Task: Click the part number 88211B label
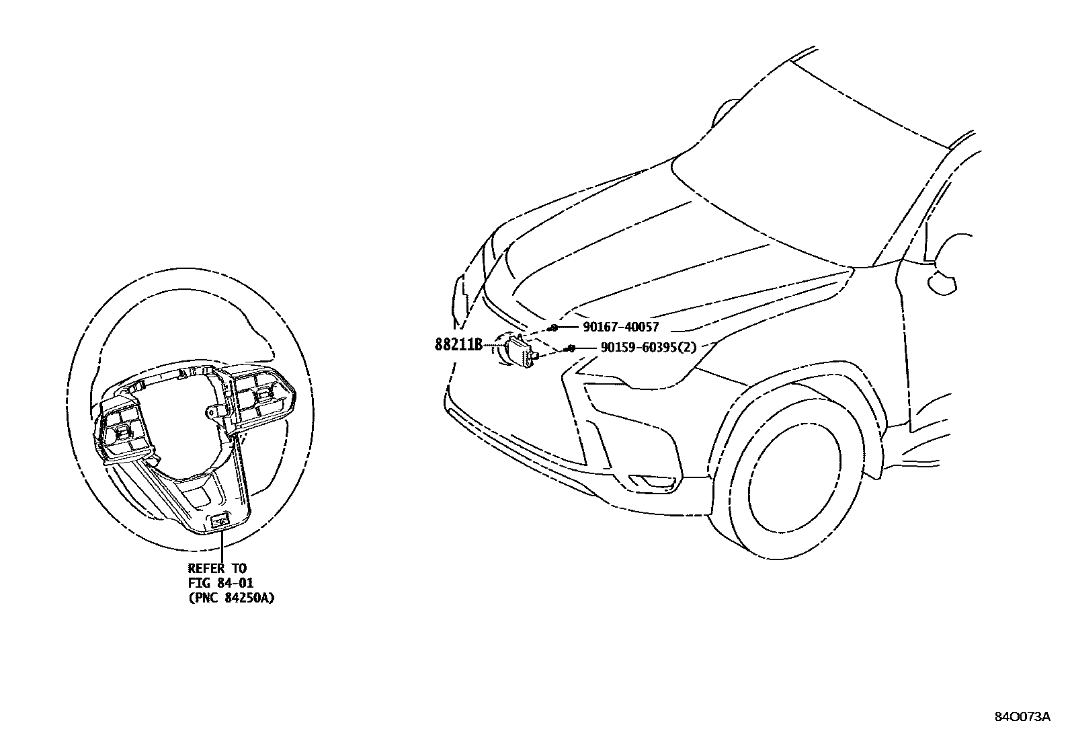pos(459,345)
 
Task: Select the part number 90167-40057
pos(620,327)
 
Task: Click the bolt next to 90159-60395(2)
pos(570,348)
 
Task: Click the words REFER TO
pos(217,569)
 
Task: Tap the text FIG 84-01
pos(220,582)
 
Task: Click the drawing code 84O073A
pos(1022,716)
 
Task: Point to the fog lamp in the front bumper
pos(652,481)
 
